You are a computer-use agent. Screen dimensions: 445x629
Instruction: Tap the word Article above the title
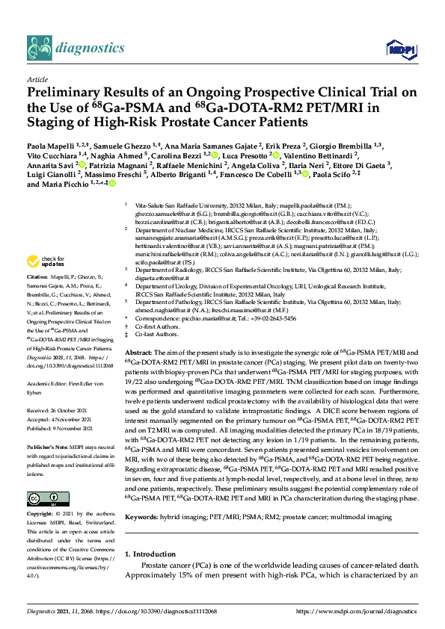37,78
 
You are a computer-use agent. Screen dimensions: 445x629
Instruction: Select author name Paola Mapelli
50,145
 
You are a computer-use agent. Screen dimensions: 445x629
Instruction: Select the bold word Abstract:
139,352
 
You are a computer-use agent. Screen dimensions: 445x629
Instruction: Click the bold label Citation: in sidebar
40,276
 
